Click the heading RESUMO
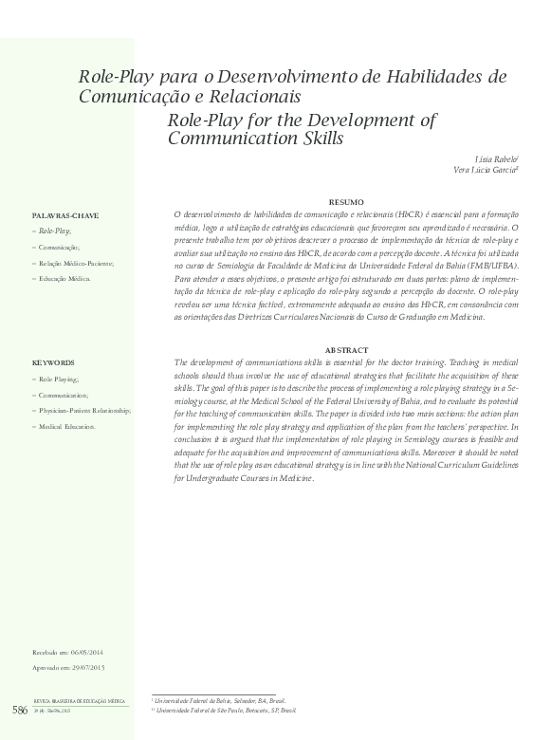345,202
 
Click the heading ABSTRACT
345,350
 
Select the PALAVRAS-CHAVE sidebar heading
65,215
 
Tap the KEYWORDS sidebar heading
53,363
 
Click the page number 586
19,710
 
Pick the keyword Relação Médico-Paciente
75,263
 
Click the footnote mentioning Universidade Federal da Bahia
218,699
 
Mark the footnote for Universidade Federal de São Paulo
226,710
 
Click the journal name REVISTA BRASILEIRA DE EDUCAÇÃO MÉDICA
79,701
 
